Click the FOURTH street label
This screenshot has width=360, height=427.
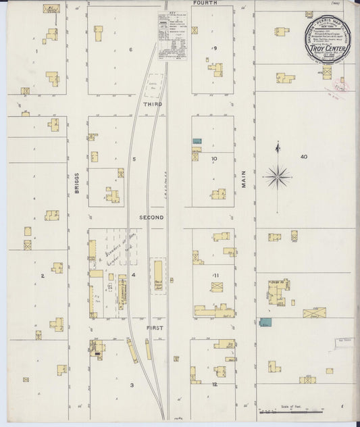[205, 3]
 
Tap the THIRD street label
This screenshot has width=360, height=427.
[152, 105]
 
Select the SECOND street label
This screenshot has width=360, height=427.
[152, 218]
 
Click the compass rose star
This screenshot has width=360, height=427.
[277, 176]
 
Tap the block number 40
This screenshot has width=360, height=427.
[303, 156]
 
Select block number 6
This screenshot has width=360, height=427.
[130, 50]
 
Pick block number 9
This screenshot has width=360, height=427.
[214, 48]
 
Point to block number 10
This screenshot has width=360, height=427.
[213, 159]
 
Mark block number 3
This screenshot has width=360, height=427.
[132, 385]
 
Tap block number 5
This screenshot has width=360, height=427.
[134, 159]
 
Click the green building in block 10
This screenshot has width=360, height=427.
[197, 141]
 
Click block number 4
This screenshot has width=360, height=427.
[134, 275]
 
